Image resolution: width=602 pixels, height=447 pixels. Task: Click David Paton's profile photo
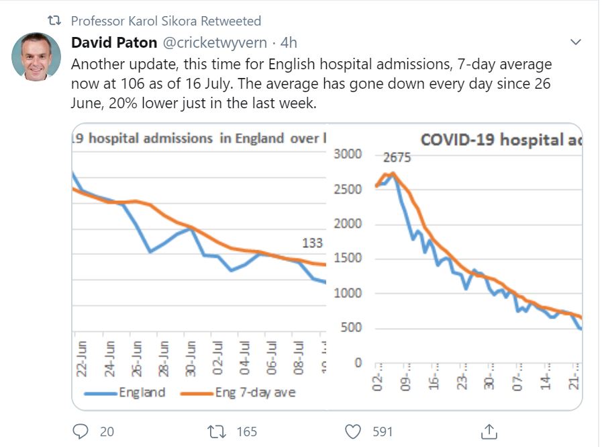(x=36, y=56)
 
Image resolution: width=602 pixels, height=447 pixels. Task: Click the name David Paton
(x=114, y=43)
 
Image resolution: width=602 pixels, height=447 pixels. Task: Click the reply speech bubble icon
(x=80, y=431)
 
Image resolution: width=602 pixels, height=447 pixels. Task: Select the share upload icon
(x=489, y=431)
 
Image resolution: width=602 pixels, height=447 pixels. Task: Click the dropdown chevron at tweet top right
(x=575, y=42)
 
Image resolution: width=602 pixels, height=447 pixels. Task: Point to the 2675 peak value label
(x=397, y=159)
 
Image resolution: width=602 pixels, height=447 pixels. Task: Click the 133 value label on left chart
(x=313, y=243)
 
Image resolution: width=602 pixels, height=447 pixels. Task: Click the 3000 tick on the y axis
(x=348, y=154)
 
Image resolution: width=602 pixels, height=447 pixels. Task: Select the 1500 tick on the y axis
(x=348, y=258)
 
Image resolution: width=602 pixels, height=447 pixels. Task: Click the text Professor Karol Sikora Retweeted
(x=166, y=21)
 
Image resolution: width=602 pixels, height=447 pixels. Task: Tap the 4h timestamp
(x=289, y=43)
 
